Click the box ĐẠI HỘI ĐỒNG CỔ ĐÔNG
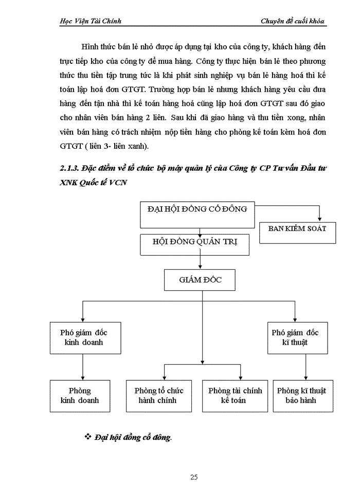(197, 214)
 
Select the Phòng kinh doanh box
(80, 395)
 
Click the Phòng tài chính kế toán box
(235, 395)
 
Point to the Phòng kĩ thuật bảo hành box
(301, 395)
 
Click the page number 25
(194, 477)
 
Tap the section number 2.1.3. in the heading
(70, 171)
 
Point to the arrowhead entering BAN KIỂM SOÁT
(320, 220)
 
